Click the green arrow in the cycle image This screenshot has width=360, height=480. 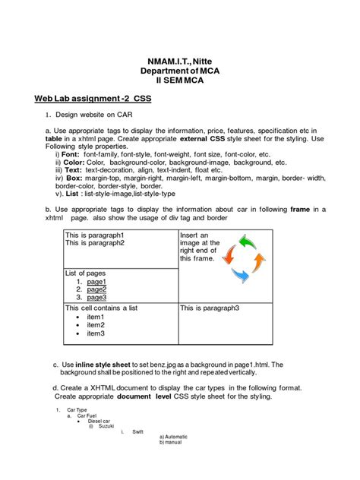click(248, 243)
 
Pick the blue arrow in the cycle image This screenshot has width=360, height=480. click(239, 276)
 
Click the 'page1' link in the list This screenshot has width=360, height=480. click(96, 281)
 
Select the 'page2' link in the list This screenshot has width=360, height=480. click(96, 289)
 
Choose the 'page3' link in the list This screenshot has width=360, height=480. click(96, 298)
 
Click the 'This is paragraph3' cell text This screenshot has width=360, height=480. click(210, 308)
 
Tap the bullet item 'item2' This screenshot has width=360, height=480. click(96, 325)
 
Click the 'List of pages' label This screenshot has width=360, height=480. click(85, 273)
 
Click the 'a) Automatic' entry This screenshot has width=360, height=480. click(173, 437)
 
